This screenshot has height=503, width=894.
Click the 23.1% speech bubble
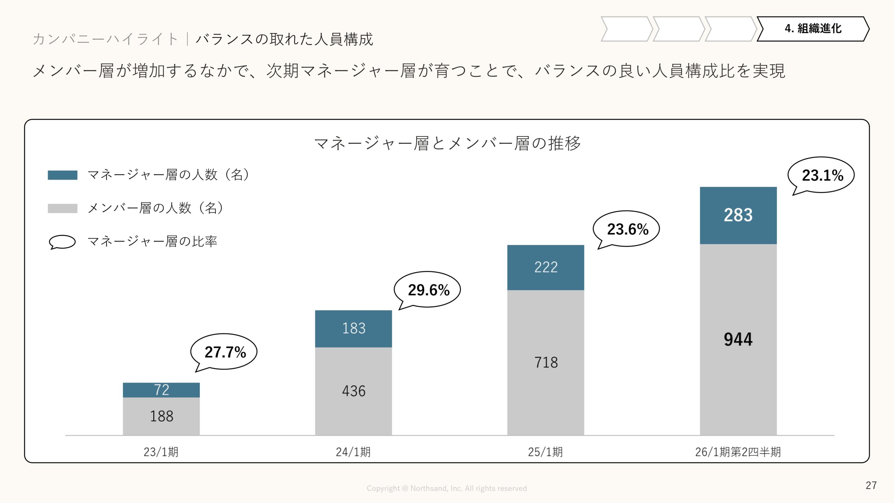click(x=821, y=175)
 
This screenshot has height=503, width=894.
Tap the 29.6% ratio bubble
click(x=428, y=290)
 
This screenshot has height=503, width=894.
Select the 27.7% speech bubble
click(x=224, y=352)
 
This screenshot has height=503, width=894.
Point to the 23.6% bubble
click(x=627, y=229)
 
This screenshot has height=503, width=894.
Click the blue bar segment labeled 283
click(x=738, y=215)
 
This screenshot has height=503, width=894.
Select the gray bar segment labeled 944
click(x=738, y=339)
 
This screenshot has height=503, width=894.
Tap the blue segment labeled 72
click(x=161, y=390)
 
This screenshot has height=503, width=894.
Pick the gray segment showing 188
click(x=161, y=416)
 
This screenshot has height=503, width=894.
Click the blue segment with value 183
click(x=353, y=328)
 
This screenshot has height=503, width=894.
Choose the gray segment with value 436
click(x=353, y=391)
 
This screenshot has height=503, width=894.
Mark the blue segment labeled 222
click(x=545, y=267)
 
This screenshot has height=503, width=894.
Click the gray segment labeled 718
click(x=545, y=362)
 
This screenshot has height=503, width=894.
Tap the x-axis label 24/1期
click(x=353, y=452)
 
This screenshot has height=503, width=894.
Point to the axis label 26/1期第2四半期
click(x=738, y=452)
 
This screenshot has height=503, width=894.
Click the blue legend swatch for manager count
click(x=63, y=175)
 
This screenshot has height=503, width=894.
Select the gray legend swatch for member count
click(x=63, y=209)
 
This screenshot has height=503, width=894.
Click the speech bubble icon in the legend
click(x=62, y=242)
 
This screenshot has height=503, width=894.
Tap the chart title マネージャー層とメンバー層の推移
click(x=447, y=144)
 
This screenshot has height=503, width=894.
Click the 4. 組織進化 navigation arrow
click(x=813, y=29)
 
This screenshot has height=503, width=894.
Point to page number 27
click(x=871, y=485)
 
